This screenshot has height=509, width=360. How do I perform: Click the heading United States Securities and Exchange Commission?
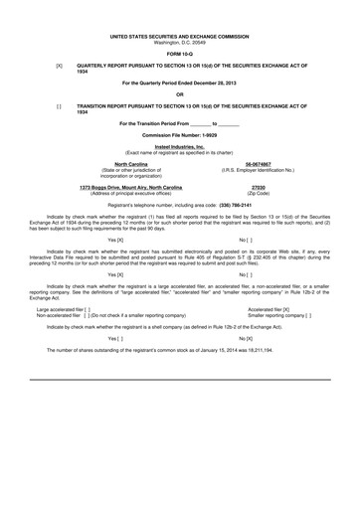[180, 34]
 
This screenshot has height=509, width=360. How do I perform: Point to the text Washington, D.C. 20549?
[180, 40]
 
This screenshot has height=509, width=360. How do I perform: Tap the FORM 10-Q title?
[180, 53]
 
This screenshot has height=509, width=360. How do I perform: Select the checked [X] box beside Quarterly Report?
[60, 66]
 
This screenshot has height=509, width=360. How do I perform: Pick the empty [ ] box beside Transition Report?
[60, 105]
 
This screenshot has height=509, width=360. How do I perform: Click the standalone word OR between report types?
[180, 93]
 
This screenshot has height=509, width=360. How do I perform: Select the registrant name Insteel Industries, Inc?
[180, 145]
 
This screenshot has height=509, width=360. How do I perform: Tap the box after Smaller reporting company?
[309, 315]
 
